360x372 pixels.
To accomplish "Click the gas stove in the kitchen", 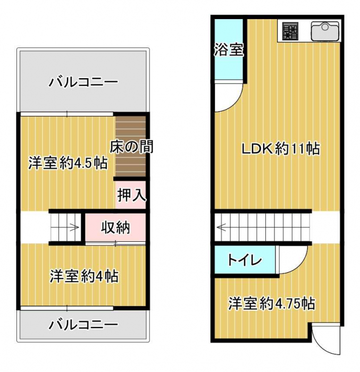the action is [x=290, y=31].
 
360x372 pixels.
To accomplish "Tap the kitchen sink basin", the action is [x=325, y=31].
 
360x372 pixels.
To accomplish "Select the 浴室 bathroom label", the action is [x=229, y=50].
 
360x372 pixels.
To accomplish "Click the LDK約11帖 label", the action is [x=281, y=149].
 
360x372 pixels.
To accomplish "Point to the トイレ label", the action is [x=245, y=260].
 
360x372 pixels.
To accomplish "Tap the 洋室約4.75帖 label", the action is [x=272, y=303].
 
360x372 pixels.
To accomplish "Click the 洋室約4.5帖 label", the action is [x=68, y=163].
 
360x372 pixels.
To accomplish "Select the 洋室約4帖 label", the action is [x=84, y=276].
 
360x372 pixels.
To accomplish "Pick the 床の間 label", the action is [x=131, y=146].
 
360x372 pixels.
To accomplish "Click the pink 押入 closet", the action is [x=131, y=195].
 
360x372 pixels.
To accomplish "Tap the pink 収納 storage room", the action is [x=115, y=227].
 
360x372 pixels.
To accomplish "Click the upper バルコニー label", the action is [x=83, y=82].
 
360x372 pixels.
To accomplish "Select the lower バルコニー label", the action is [x=83, y=325].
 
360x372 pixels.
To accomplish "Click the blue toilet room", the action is [x=245, y=260].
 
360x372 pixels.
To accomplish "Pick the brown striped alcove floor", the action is [x=131, y=146].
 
